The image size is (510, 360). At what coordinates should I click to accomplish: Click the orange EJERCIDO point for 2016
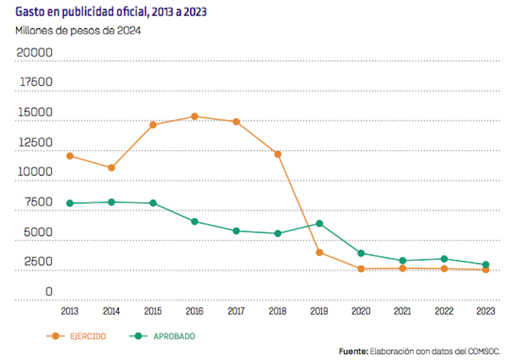point(195,116)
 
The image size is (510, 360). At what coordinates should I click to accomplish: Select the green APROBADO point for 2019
point(319,223)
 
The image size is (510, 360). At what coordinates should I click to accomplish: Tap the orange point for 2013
point(70,156)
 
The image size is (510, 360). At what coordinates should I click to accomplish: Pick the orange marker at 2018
point(278,154)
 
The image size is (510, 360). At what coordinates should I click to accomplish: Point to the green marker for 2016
point(195,222)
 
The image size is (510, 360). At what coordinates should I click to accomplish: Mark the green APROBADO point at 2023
point(485,265)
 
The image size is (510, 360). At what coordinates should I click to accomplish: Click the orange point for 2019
point(319,252)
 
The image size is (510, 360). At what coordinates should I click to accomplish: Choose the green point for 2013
point(70,203)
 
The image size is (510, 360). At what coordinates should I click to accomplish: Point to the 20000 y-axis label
point(34,53)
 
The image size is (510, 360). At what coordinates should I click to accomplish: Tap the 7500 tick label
point(37,203)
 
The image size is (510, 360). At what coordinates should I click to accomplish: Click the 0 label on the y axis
point(49,291)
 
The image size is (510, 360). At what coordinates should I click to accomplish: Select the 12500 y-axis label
point(34,143)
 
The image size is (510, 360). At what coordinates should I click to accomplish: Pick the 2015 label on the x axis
point(153,311)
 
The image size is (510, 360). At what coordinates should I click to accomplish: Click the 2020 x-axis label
point(361,311)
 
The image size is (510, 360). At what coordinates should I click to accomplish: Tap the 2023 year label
point(485,311)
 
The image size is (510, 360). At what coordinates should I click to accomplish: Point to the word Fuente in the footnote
point(353,351)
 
